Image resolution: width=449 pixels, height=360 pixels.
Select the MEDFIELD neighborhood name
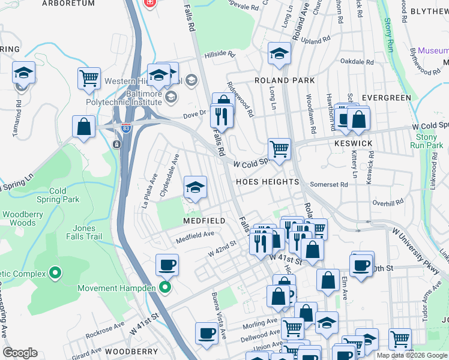204,221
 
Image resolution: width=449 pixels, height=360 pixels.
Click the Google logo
20,353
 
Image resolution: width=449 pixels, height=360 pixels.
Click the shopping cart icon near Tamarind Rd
89,78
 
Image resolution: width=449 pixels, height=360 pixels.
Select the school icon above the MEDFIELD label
195,188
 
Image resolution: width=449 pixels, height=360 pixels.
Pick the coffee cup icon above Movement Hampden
167,265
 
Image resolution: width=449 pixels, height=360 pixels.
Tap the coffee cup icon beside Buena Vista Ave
206,333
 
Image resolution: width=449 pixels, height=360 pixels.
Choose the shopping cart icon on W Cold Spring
279,148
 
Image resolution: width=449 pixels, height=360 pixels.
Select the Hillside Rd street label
219,53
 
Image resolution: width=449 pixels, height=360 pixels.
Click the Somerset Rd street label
328,185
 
